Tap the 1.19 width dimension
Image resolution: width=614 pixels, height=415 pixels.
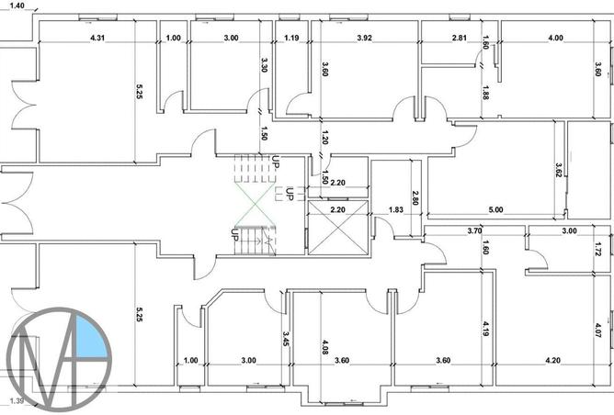pos(292,38)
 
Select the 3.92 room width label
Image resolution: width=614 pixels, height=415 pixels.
pos(365,38)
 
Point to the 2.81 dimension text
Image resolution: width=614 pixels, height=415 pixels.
pos(460,38)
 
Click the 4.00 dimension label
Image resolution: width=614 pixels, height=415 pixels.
pos(555,38)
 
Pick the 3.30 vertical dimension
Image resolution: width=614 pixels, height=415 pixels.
pos(264,65)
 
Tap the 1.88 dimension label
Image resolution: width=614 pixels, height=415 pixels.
pos(486,93)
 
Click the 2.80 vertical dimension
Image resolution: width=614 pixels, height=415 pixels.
pos(415,196)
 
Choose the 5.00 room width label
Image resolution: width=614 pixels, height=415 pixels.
pos(496,210)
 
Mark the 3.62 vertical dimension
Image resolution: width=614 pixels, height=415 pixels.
pos(558,171)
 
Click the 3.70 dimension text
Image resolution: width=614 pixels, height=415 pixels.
pos(475,230)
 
